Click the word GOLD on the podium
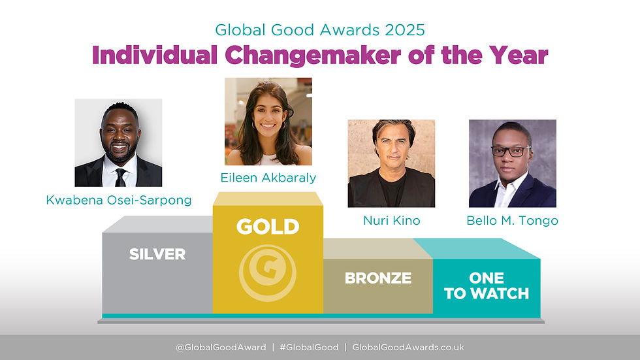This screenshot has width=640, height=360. click(268, 227)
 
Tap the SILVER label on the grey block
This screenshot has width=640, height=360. click(157, 254)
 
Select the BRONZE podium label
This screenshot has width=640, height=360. click(378, 278)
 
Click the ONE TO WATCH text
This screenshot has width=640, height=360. click(487, 286)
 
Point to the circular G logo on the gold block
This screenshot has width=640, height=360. click(268, 273)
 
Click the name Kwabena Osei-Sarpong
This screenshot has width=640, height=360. click(119, 200)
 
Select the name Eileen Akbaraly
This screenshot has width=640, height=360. click(268, 177)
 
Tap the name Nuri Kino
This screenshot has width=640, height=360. click(391, 221)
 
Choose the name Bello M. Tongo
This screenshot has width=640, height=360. click(512, 221)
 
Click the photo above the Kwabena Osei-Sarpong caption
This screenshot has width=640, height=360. click(118, 142)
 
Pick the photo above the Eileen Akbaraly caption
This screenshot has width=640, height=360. click(268, 122)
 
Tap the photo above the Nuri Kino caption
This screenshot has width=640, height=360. click(391, 163)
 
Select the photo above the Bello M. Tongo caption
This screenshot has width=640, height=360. click(513, 163)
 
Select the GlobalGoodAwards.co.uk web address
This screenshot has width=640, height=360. click(408, 348)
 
